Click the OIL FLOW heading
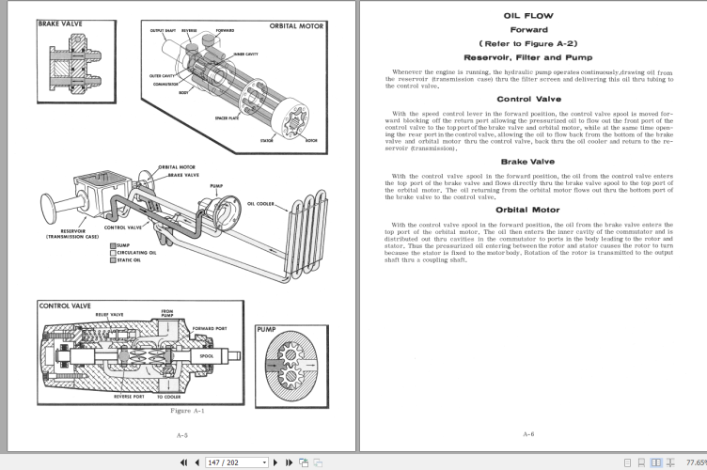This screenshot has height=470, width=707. tap(528, 16)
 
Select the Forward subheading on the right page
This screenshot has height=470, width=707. tap(528, 29)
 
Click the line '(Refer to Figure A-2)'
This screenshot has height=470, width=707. tap(528, 43)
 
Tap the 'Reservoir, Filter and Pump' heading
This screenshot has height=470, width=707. tap(528, 57)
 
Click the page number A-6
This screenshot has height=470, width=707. tap(528, 435)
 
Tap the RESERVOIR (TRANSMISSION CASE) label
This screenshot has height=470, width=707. tap(73, 234)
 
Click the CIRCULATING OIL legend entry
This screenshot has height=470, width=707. tap(136, 253)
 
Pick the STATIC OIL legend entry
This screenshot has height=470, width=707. tap(131, 260)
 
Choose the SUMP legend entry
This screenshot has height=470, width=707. tap(123, 245)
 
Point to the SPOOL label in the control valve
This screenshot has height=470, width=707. tap(207, 356)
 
